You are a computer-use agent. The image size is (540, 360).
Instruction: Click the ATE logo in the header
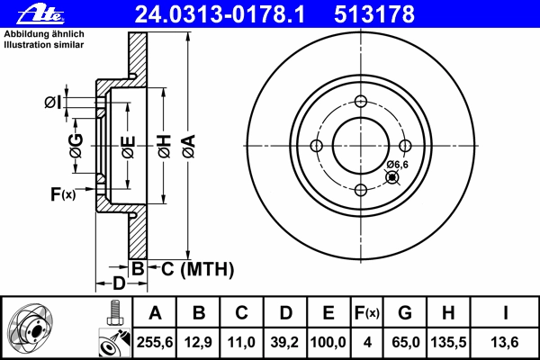click(40, 14)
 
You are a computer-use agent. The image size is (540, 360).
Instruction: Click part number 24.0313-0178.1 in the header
click(220, 14)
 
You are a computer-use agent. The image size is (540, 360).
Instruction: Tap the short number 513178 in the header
click(374, 14)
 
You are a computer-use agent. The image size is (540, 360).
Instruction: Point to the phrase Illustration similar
click(44, 45)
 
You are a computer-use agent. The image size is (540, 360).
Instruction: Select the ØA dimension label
click(189, 146)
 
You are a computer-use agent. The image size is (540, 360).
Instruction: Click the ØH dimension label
click(165, 146)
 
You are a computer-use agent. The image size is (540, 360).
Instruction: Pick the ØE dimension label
click(128, 147)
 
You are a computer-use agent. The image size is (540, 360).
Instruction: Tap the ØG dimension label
click(76, 146)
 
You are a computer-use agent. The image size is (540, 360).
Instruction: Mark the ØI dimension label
click(53, 103)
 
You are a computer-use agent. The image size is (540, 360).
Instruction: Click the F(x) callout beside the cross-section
click(63, 194)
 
